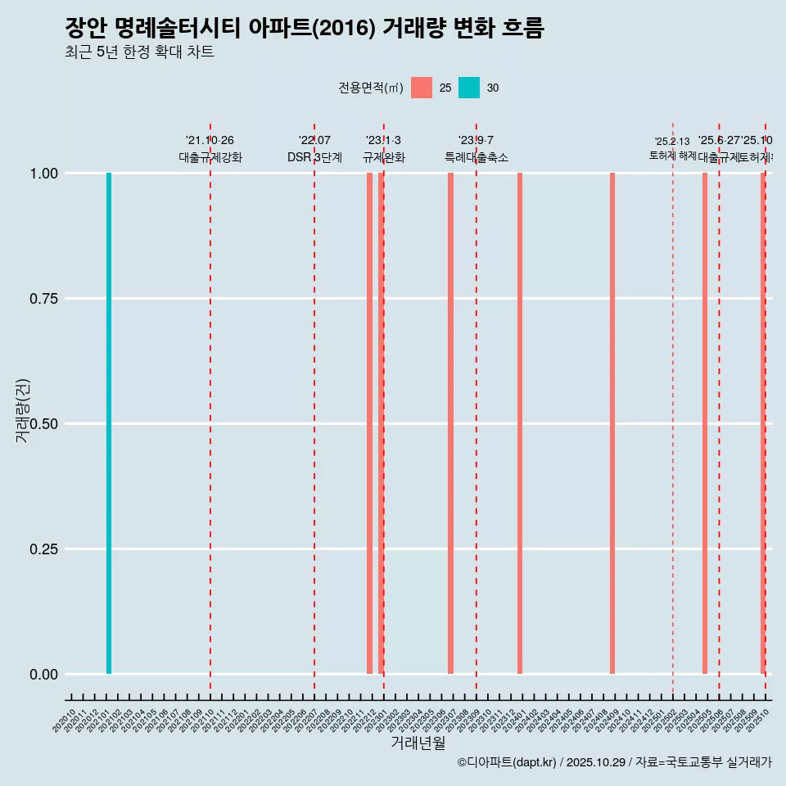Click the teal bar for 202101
[109, 423]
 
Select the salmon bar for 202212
[369, 423]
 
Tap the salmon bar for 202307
[450, 423]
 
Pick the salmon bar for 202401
[520, 423]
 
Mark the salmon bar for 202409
[612, 423]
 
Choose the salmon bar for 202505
[705, 423]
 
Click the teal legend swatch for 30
[469, 88]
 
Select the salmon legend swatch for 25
[422, 88]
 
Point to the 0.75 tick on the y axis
[43, 299]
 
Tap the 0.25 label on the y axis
[43, 549]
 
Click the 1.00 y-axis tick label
[43, 174]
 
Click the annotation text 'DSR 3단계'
[314, 157]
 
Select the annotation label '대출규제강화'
[210, 157]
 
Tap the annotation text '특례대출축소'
[477, 157]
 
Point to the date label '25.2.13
[672, 142]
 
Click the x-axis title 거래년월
[418, 743]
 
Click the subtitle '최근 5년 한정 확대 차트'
[139, 52]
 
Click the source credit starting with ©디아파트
[614, 762]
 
